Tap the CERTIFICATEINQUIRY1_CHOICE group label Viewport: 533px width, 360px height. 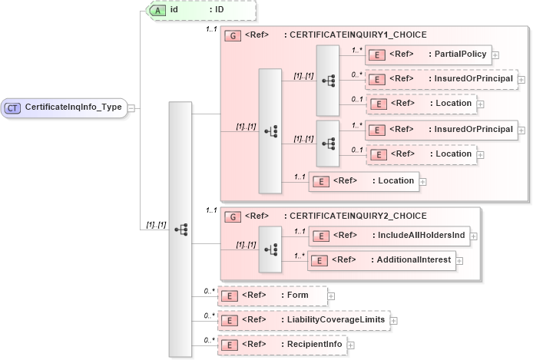[x=355, y=35]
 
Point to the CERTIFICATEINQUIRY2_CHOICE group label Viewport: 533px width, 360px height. [x=355, y=216]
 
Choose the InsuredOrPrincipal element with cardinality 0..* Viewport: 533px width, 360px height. [x=441, y=79]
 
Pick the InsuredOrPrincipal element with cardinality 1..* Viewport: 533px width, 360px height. [x=441, y=129]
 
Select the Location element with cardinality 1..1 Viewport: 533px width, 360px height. [x=363, y=181]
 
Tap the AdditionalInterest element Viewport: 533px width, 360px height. [x=381, y=260]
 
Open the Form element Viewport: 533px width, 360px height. [x=272, y=295]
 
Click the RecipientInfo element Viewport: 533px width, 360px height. [x=281, y=345]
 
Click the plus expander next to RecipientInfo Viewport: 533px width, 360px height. [x=351, y=345]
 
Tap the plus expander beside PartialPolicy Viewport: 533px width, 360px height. [x=495, y=55]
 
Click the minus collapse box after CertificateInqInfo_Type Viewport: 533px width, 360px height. [x=131, y=108]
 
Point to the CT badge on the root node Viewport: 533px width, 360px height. [x=12, y=107]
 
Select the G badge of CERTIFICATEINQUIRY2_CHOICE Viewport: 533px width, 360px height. [x=231, y=216]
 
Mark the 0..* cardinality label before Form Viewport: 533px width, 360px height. [x=209, y=290]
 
